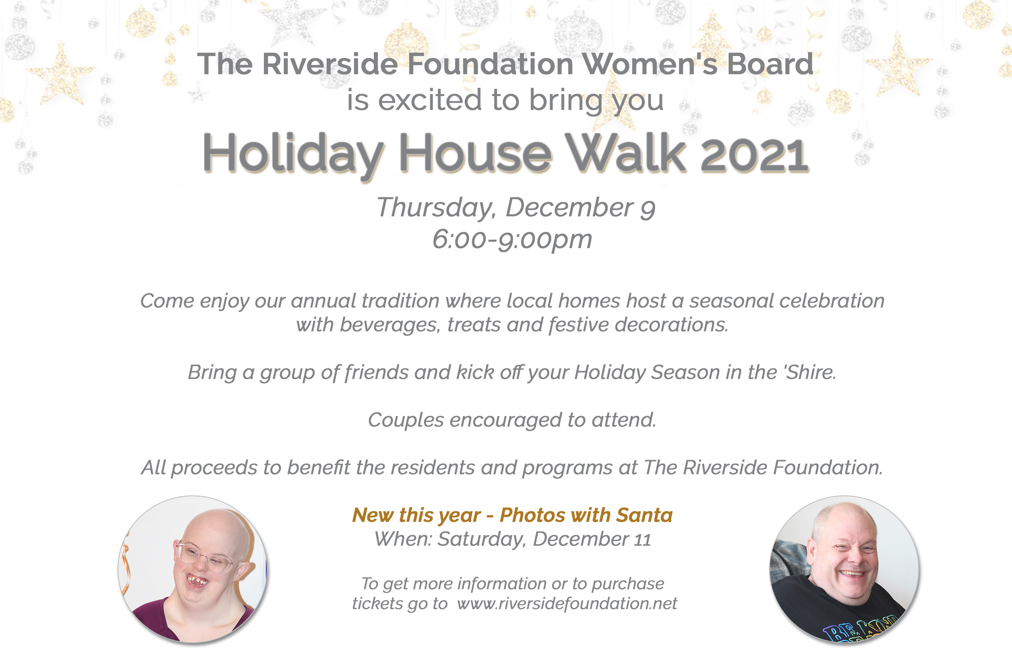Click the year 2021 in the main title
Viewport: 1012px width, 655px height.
click(754, 154)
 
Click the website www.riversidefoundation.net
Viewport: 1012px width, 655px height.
click(567, 603)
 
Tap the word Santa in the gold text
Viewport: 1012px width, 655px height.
click(644, 515)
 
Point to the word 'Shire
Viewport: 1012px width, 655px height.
click(810, 372)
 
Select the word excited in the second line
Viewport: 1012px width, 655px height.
click(430, 100)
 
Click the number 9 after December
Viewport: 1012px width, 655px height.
click(648, 209)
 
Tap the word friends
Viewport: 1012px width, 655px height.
click(376, 373)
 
